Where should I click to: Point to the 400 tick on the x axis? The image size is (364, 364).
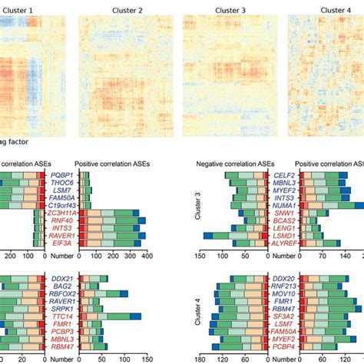point(146,256)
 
